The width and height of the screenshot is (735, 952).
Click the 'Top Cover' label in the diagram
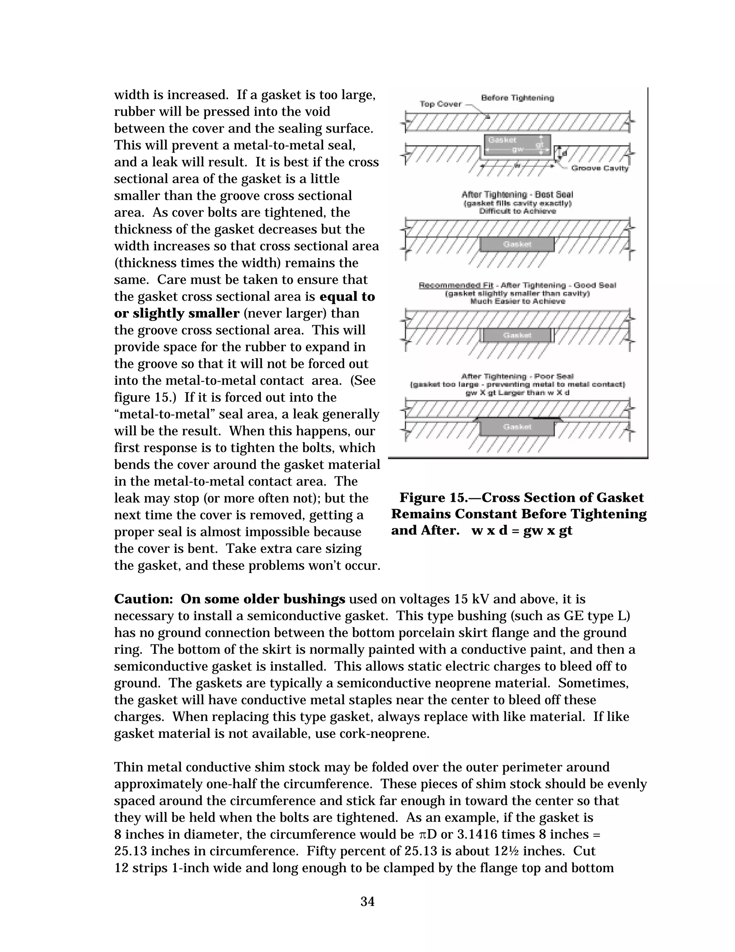pyautogui.click(x=440, y=104)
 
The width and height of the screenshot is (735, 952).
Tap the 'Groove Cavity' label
pyautogui.click(x=600, y=168)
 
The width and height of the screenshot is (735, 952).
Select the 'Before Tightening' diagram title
pyautogui.click(x=517, y=98)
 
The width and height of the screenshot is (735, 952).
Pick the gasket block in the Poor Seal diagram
pyautogui.click(x=517, y=427)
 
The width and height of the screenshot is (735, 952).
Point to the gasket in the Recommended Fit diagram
pyautogui.click(x=517, y=335)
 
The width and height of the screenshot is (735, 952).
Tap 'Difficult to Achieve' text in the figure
pyautogui.click(x=517, y=211)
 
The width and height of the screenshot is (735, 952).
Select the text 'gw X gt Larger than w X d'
pyautogui.click(x=517, y=393)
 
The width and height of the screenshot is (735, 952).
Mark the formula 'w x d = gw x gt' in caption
pyautogui.click(x=521, y=531)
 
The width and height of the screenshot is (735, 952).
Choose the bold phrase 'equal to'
pyautogui.click(x=347, y=296)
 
